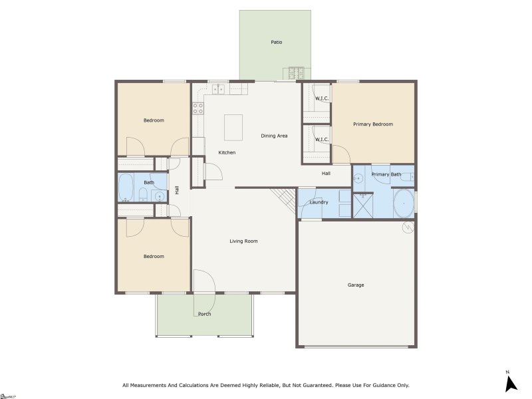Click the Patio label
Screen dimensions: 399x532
276,42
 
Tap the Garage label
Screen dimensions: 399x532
356,285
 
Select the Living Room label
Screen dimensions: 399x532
243,241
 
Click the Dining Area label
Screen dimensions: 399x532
274,136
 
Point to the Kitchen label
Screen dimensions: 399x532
227,152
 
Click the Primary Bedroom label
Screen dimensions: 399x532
372,124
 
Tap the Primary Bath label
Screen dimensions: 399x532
386,174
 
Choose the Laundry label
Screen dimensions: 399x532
319,201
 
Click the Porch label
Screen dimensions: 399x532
204,314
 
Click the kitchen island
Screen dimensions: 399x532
233,127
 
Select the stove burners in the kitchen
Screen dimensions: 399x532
198,108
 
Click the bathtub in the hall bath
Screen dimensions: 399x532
126,187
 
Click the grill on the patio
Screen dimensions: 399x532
295,72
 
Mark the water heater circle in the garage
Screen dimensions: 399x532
407,227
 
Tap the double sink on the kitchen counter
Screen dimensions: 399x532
217,88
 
